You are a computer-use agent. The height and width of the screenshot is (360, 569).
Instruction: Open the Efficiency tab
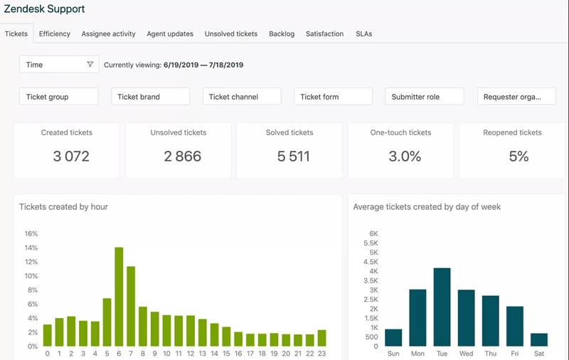pos(54,33)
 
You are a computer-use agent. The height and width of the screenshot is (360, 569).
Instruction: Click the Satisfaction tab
pos(324,33)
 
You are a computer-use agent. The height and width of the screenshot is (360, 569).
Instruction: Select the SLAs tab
pos(363,33)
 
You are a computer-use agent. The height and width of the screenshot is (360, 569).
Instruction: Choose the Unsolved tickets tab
pos(230,33)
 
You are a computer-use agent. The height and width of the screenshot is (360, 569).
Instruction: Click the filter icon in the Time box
pos(90,65)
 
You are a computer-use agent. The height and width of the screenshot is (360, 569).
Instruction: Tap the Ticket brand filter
pos(150,97)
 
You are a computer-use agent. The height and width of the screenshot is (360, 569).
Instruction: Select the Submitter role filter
pos(424,97)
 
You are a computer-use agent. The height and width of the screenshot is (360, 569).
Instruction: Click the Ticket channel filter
pos(242,97)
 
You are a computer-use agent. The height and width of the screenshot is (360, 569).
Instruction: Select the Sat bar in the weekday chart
pos(539,339)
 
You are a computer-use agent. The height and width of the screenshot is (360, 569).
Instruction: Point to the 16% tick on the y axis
pos(31,233)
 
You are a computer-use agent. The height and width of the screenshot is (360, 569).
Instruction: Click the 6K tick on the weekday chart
pos(373,233)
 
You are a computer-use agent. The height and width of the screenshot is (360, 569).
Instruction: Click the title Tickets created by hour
pos(63,207)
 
